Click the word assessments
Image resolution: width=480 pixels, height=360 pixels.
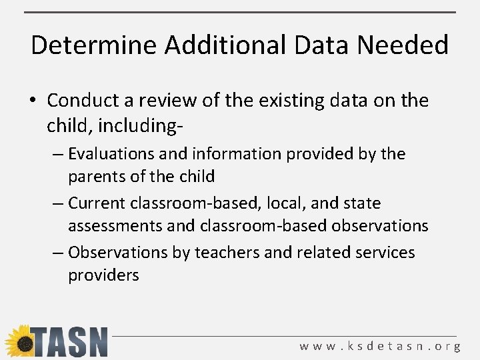[115, 226]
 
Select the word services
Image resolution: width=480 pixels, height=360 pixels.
[382, 253]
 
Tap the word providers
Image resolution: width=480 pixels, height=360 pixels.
[103, 275]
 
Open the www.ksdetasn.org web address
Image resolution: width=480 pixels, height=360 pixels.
[379, 346]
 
